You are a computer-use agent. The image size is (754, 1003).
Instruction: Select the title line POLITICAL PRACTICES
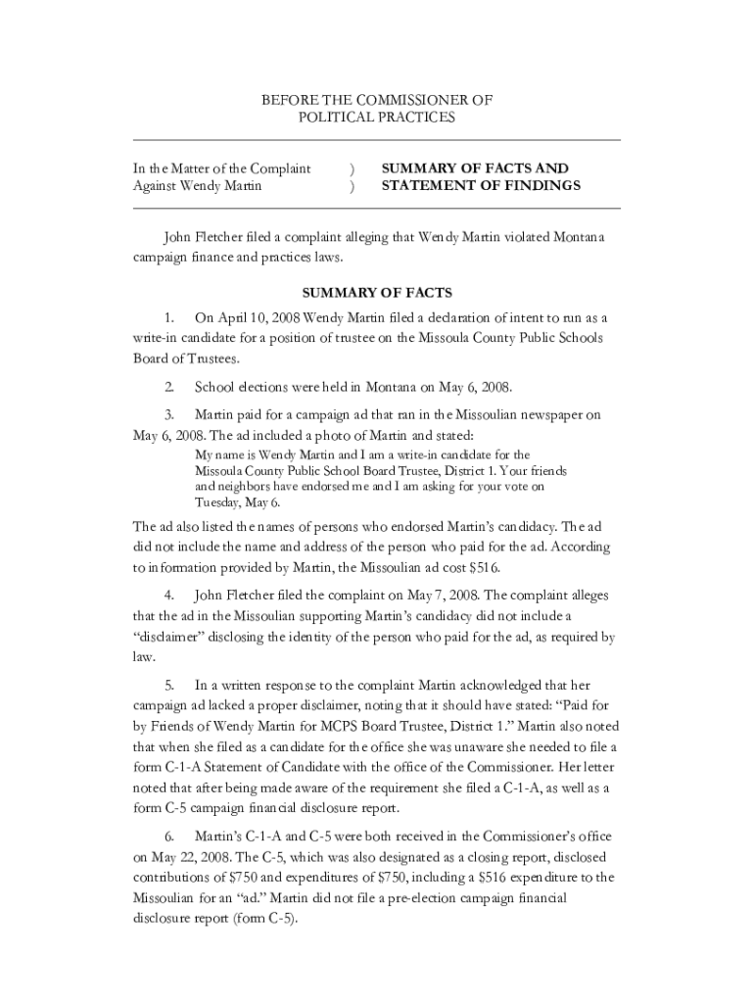point(376,118)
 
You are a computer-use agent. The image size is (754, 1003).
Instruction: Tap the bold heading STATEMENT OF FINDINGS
point(481,185)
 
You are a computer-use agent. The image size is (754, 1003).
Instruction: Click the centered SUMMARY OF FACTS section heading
point(376,292)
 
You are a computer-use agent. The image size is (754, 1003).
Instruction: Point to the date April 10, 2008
point(259,317)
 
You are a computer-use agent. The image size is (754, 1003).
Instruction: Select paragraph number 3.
point(169,414)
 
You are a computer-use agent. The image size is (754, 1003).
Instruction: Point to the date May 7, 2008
point(438,595)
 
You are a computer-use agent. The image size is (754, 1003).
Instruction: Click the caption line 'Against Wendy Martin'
point(197,186)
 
